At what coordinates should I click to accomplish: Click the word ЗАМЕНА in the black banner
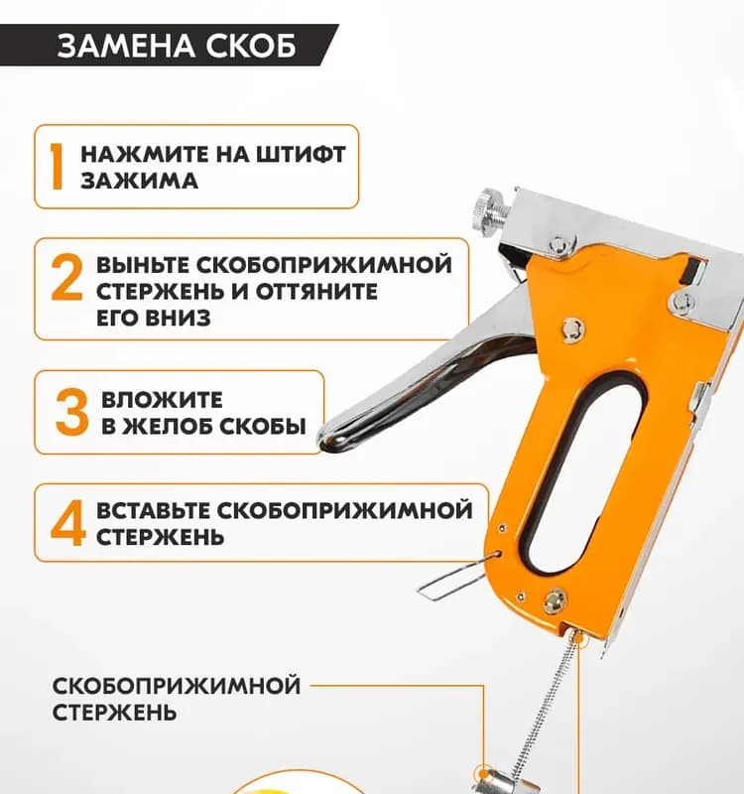click(127, 46)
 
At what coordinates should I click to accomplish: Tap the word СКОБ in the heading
click(251, 46)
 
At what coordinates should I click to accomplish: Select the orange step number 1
click(57, 167)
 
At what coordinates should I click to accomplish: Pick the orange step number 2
click(66, 277)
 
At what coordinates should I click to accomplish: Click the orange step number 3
click(71, 412)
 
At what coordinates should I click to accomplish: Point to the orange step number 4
click(67, 523)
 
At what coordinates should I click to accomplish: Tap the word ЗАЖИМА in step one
click(139, 181)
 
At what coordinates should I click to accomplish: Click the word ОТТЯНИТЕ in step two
click(316, 292)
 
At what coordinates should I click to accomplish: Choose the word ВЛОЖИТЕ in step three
click(162, 400)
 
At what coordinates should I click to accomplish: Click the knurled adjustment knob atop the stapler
click(491, 214)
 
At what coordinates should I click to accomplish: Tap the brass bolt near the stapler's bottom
click(556, 602)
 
